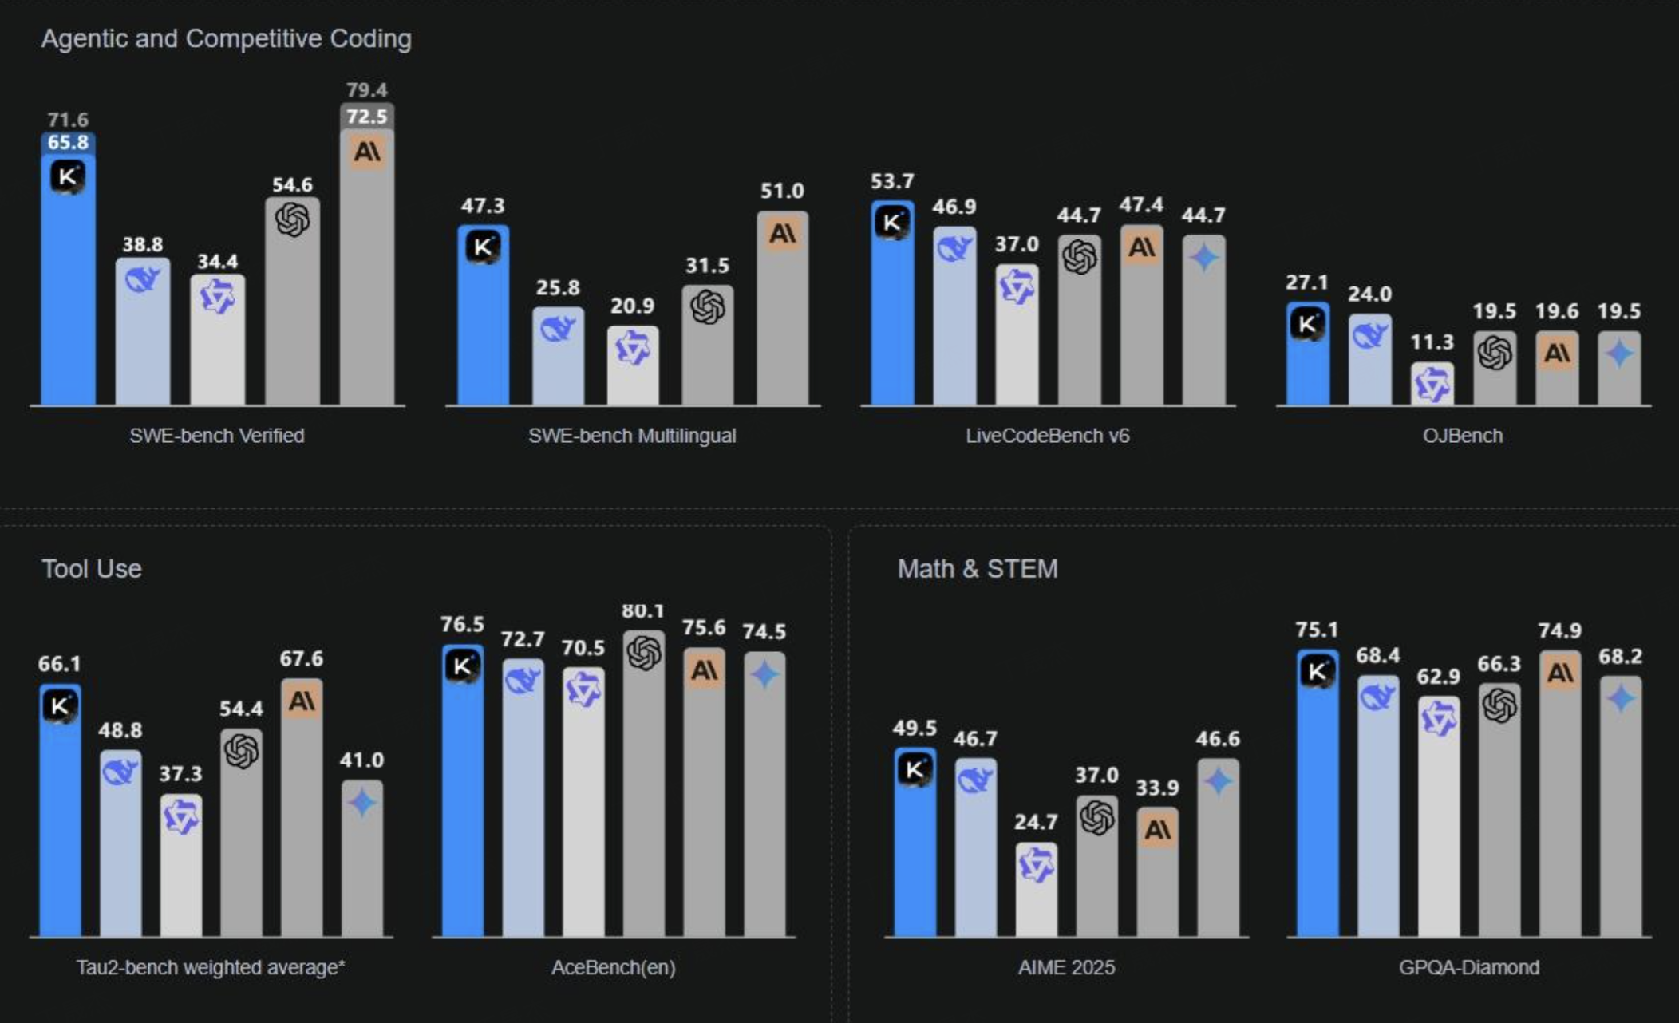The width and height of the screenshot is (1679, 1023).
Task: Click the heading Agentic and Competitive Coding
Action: pos(227,38)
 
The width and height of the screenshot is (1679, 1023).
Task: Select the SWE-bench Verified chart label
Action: pos(217,436)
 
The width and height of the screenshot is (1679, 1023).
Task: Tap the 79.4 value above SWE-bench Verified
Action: pos(366,90)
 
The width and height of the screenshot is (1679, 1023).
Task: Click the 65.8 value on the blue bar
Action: pos(68,143)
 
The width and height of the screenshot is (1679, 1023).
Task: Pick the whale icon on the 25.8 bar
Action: pos(558,328)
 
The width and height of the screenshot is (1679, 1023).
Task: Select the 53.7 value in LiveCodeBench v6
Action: pos(892,182)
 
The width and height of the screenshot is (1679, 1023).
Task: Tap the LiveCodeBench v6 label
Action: pos(1047,436)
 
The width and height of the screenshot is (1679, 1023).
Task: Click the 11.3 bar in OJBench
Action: pos(1432,385)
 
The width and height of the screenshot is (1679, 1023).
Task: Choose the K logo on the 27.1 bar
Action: pos(1307,324)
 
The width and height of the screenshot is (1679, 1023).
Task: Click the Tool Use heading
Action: pos(92,569)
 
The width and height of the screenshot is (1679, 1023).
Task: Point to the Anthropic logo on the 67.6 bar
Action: pos(302,701)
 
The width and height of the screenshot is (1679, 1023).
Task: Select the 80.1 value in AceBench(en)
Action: pos(643,611)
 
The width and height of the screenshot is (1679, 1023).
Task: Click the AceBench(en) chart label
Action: pos(613,967)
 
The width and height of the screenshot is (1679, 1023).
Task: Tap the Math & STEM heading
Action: pos(978,569)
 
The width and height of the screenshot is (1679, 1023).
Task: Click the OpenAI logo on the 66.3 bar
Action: pos(1499,705)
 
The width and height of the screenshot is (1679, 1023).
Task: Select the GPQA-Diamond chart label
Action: pos(1468,967)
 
